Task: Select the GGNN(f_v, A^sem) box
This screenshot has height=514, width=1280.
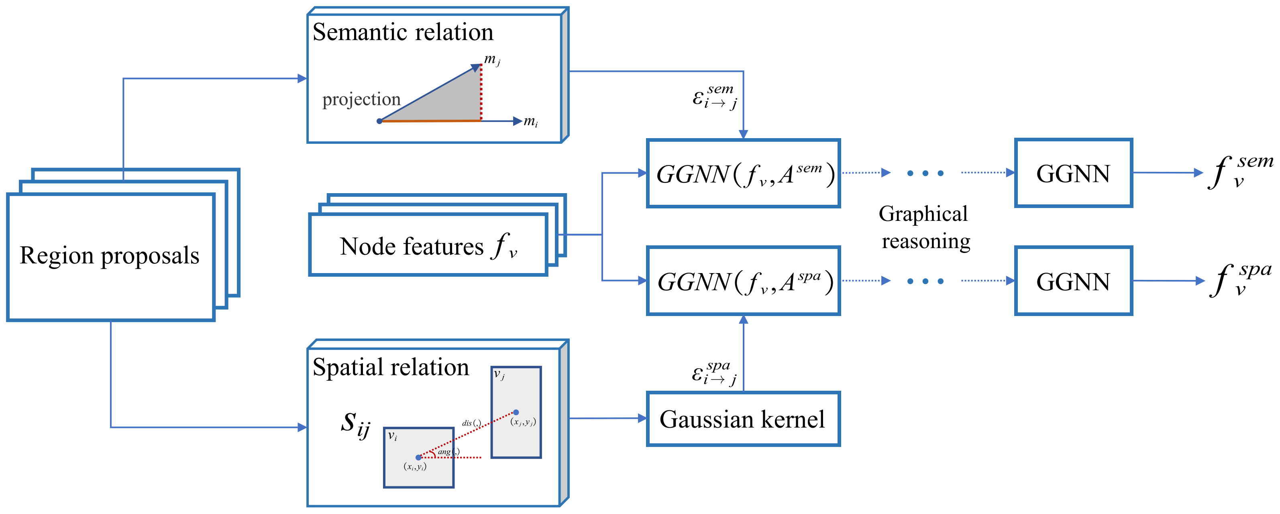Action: (x=743, y=173)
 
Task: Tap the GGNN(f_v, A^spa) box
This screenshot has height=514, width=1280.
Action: (x=743, y=281)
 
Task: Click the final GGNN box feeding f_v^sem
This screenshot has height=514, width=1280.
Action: (x=1073, y=173)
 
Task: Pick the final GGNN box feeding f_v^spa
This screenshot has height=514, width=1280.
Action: (x=1073, y=281)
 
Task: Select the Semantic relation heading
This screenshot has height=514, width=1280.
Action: (x=402, y=32)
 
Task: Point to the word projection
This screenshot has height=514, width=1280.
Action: (x=361, y=100)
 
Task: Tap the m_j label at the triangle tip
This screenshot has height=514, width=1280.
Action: (x=491, y=60)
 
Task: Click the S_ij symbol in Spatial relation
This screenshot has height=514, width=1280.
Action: (x=356, y=424)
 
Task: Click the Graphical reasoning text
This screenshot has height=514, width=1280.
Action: (x=924, y=227)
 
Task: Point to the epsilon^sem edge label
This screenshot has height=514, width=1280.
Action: (x=715, y=96)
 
